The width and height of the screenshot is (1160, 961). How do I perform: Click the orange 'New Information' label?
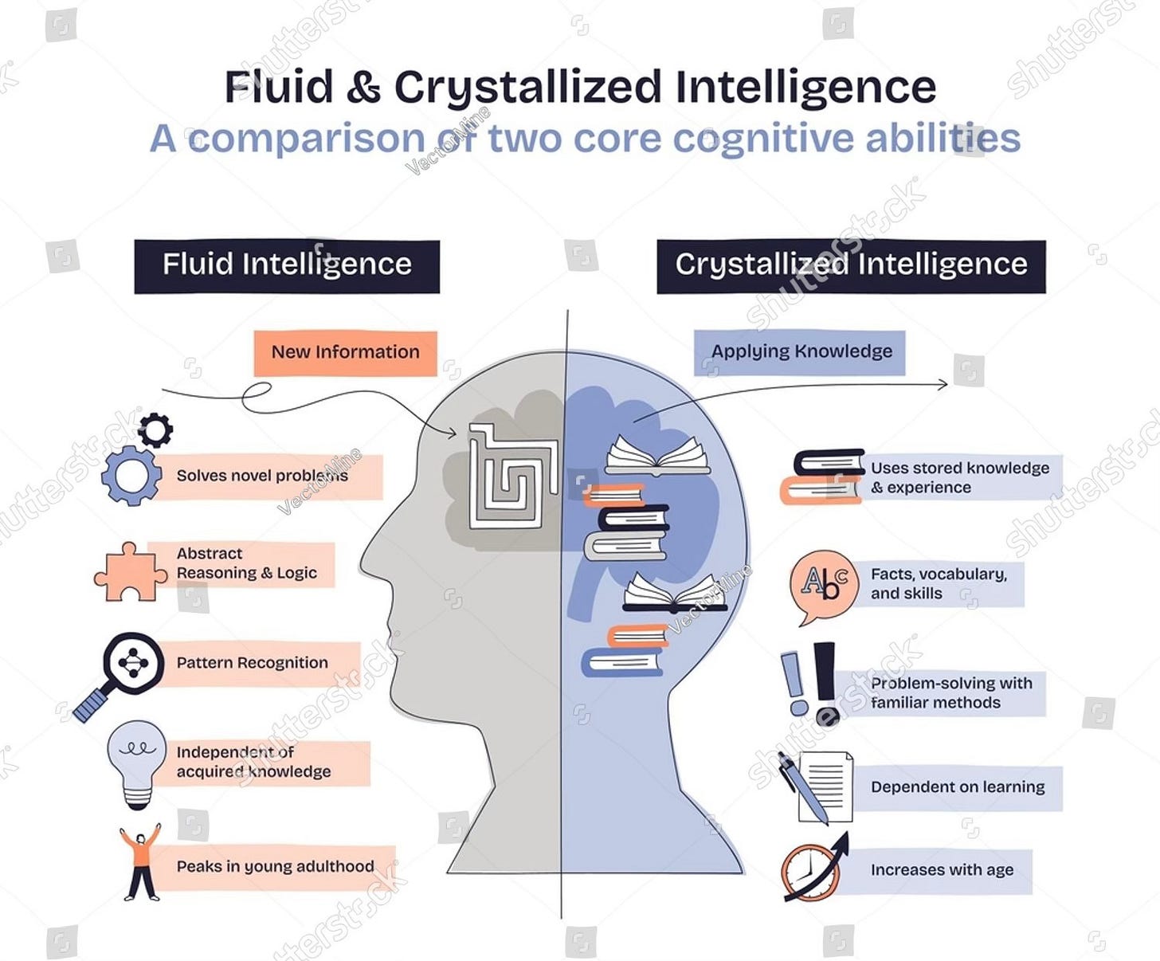click(345, 352)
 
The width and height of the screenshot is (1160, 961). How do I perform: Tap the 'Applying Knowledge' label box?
click(800, 352)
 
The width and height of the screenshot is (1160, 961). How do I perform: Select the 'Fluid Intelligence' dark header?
click(287, 265)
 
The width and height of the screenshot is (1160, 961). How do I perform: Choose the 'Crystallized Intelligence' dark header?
click(851, 265)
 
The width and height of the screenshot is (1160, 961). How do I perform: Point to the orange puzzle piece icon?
click(128, 572)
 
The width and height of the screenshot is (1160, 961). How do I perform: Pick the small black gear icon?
click(155, 430)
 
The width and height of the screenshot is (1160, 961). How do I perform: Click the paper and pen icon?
click(818, 787)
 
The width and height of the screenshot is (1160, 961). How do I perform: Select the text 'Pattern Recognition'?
click(252, 663)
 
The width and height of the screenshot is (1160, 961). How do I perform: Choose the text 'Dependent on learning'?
click(958, 787)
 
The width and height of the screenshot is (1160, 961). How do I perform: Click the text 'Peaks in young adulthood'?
click(275, 867)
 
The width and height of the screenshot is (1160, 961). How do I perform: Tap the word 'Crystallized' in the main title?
click(527, 88)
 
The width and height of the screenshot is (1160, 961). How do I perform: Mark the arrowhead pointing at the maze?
click(452, 433)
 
